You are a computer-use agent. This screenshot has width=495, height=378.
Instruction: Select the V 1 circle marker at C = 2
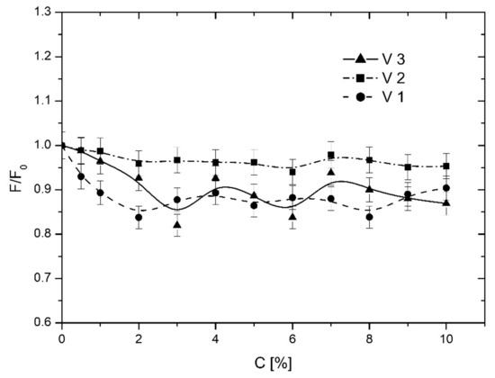(139, 217)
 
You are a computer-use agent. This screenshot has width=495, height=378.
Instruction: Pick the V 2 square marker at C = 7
(331, 156)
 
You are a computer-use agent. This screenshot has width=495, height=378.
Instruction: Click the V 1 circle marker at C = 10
(446, 188)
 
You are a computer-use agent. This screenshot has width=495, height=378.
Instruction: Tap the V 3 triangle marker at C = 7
(331, 172)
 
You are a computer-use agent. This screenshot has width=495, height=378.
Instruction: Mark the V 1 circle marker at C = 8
(370, 217)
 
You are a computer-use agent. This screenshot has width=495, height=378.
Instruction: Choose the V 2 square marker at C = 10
(446, 166)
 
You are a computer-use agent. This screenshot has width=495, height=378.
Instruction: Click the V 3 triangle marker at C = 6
(292, 216)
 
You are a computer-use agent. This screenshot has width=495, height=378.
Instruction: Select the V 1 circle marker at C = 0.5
(81, 176)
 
